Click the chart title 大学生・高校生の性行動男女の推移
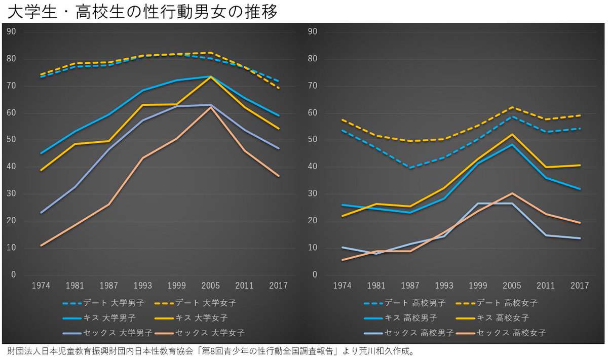pos(142,12)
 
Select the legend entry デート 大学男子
pos(103,303)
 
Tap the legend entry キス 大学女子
pos(191,318)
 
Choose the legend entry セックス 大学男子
pos(107,333)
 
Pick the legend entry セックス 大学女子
pos(200,333)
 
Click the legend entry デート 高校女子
pos(497,303)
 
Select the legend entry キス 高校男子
pos(400,318)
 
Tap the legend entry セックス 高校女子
pos(501,333)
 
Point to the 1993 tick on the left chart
pos(143,286)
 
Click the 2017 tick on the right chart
pos(580,286)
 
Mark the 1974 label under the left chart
pos(41,286)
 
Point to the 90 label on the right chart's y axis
pos(313,32)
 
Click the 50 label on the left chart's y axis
pos(11,140)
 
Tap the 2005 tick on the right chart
pos(512,286)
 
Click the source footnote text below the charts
pos(211,351)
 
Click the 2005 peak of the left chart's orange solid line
pos(210,77)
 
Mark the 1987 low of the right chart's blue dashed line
pos(410,168)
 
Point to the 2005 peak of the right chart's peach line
pos(512,193)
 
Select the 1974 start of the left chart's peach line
pos(41,246)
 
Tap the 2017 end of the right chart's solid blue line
pos(580,189)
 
